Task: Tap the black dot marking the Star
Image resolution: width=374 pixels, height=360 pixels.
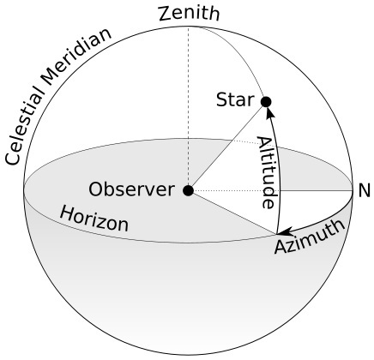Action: (x=266, y=102)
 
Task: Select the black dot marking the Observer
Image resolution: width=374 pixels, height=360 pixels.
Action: (x=188, y=190)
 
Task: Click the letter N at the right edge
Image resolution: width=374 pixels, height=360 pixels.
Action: (x=364, y=190)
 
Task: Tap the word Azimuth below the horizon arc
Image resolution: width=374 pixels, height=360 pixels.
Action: (x=311, y=237)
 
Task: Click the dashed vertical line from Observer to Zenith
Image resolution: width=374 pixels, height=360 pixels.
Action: (x=188, y=103)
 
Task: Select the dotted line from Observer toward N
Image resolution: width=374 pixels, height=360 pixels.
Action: (x=274, y=190)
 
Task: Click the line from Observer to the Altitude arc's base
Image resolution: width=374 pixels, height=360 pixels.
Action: (x=232, y=212)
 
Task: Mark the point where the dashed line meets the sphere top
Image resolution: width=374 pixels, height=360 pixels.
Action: (x=188, y=27)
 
